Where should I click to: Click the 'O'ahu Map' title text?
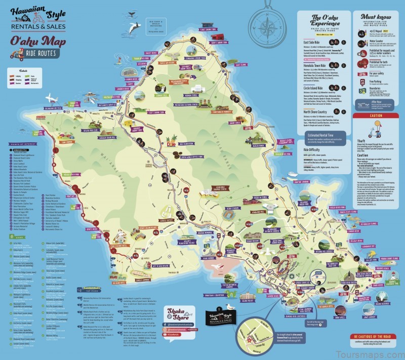tap(38, 40)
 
